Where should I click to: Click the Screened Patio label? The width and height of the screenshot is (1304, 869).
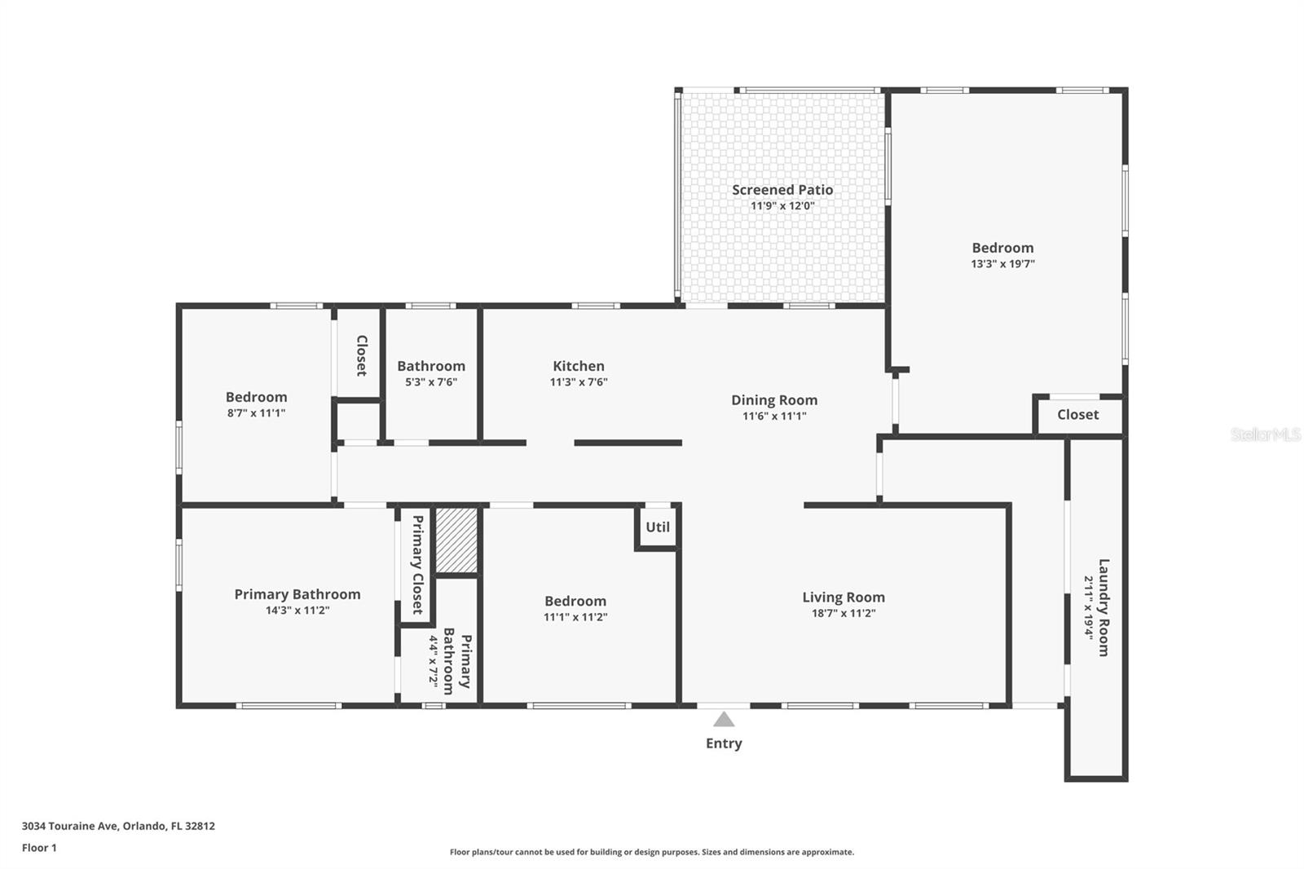[782, 190]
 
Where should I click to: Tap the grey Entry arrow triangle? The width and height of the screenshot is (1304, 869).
[724, 719]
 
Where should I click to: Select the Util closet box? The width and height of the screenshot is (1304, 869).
[658, 527]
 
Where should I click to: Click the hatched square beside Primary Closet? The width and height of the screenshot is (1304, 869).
[456, 540]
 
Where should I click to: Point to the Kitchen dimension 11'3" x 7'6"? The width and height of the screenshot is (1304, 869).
[579, 382]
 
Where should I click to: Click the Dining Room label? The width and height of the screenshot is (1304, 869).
[773, 399]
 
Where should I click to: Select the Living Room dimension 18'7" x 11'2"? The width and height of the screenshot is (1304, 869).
[843, 613]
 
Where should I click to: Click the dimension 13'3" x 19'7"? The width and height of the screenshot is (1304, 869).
[1002, 263]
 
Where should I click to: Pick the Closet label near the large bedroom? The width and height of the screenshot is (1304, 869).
[1077, 414]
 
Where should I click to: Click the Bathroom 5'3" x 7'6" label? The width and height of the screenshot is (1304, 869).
[431, 366]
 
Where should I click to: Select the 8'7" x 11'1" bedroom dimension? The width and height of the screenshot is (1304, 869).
[256, 412]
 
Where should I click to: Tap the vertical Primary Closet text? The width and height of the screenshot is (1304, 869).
[417, 564]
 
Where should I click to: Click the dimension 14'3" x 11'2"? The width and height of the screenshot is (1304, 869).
[297, 610]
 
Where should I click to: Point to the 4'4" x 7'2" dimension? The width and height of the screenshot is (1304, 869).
[434, 663]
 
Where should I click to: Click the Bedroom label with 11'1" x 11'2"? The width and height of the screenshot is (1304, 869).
[575, 601]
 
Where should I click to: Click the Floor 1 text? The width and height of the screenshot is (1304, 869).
[39, 847]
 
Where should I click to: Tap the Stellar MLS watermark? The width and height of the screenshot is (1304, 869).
[1265, 434]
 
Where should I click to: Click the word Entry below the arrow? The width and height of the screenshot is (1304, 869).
[724, 743]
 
